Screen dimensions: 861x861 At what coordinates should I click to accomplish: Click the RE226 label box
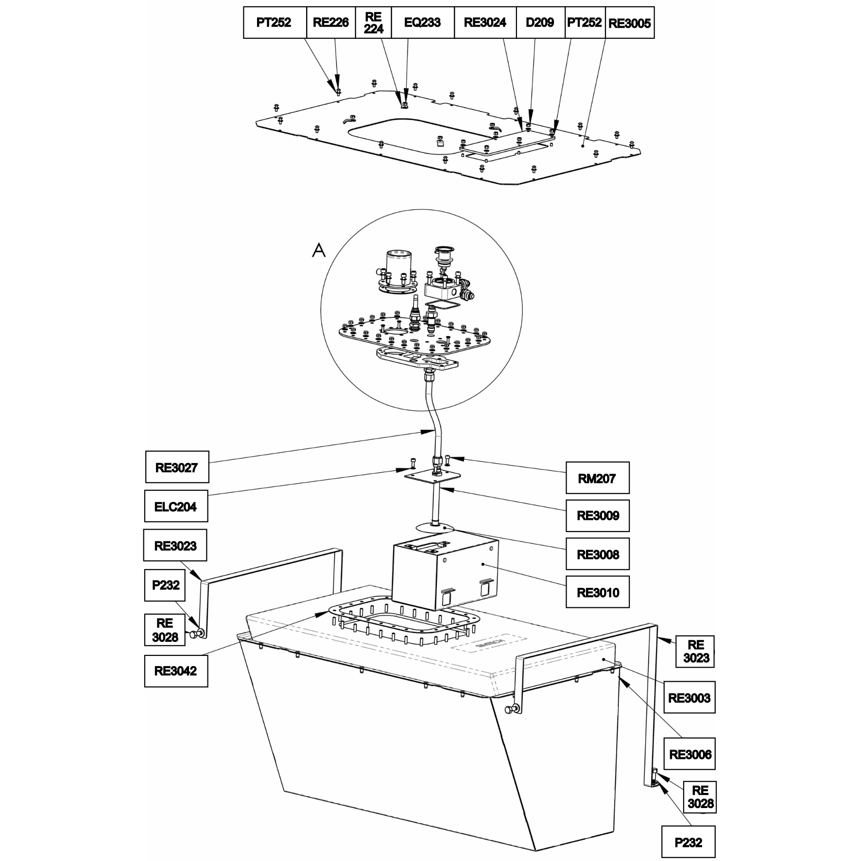point(331,22)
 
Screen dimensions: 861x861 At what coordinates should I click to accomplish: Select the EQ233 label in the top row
point(422,22)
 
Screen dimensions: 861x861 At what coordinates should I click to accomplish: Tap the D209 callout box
point(540,22)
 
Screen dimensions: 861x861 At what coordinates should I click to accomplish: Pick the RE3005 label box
point(630,22)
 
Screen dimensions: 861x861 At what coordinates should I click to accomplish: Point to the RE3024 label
point(485,22)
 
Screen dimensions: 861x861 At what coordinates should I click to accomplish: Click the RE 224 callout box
point(374,22)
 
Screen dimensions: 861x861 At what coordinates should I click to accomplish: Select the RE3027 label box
point(177,467)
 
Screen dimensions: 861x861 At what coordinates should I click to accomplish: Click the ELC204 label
point(176,506)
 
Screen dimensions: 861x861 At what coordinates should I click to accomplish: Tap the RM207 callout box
point(598,478)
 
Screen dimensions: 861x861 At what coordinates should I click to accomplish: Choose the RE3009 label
point(598,516)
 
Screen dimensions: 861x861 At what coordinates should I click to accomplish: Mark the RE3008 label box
point(598,554)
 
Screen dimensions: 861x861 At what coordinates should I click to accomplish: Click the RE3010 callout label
point(598,592)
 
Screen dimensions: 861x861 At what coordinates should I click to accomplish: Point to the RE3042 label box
point(176,671)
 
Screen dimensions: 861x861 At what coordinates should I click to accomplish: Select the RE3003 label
point(689,698)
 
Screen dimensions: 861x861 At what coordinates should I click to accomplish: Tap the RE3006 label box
point(689,754)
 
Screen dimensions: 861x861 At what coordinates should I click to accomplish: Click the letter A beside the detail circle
point(319,250)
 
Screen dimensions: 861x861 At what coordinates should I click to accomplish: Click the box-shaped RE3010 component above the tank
point(445,573)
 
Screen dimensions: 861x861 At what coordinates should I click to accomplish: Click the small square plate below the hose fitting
point(433,475)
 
